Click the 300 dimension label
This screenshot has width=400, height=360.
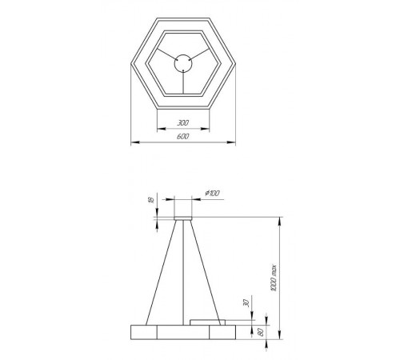coord(184,124)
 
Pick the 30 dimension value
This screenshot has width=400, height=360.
coord(246,304)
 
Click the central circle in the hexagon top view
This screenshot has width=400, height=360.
coord(183,60)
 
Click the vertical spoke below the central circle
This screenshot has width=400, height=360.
coord(183,79)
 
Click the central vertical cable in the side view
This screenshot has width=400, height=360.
coord(186,272)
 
